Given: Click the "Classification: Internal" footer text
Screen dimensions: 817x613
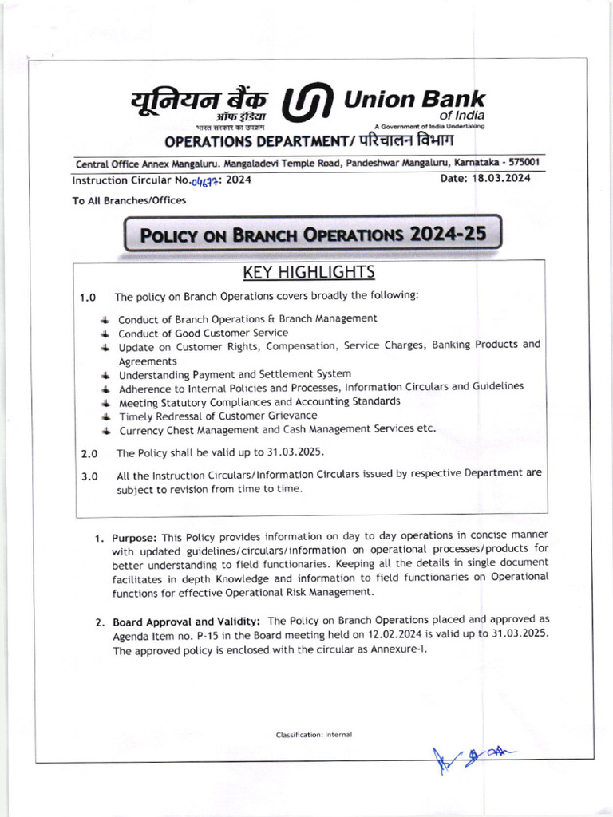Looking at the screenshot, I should click(314, 734).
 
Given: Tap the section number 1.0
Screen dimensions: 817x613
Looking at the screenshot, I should click(88, 298).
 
